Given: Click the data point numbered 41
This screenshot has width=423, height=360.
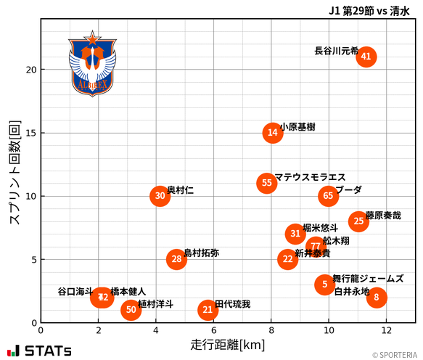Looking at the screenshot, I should point(366,57).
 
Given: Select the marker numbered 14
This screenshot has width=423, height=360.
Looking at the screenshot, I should point(272,132).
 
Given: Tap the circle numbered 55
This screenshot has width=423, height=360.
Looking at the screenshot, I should point(267,183).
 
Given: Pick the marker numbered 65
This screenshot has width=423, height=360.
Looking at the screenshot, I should point(328,196).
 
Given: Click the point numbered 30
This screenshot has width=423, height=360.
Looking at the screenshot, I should point(160,196).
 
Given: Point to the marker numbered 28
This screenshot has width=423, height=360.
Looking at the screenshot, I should point(176,259).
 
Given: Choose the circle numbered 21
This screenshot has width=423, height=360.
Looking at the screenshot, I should point(208,310).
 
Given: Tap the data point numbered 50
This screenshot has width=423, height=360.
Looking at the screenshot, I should point(131,310).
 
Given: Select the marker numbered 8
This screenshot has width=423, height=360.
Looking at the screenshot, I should point(376,297).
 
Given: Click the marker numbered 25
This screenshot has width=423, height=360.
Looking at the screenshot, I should point(358,221).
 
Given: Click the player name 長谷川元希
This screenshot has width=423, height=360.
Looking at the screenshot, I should point(336,51).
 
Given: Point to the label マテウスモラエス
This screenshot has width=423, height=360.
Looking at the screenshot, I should point(310,177).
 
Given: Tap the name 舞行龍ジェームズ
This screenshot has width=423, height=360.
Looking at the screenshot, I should point(368,279).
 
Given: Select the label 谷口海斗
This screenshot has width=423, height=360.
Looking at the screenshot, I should point(75,291).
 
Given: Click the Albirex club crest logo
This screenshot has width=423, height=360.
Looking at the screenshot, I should point(92,64).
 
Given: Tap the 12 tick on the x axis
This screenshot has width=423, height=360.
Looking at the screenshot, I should point(385,330).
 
